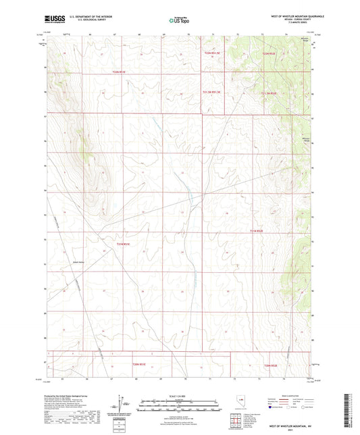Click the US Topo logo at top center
point(177,21)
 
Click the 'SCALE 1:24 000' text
point(179,394)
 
